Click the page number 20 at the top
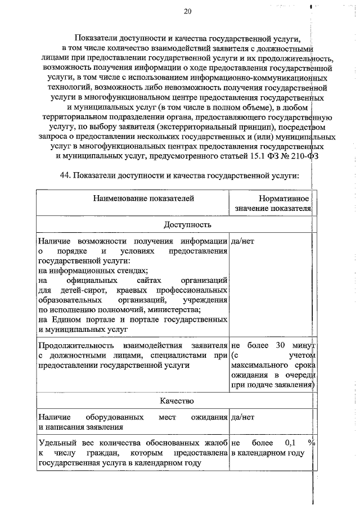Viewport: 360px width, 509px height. pos(187,11)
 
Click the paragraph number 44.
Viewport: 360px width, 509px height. pos(64,175)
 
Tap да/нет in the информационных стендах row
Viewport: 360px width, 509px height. pos(242,241)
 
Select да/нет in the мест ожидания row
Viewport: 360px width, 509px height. pos(242,417)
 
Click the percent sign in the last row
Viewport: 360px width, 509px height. pos(310,443)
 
